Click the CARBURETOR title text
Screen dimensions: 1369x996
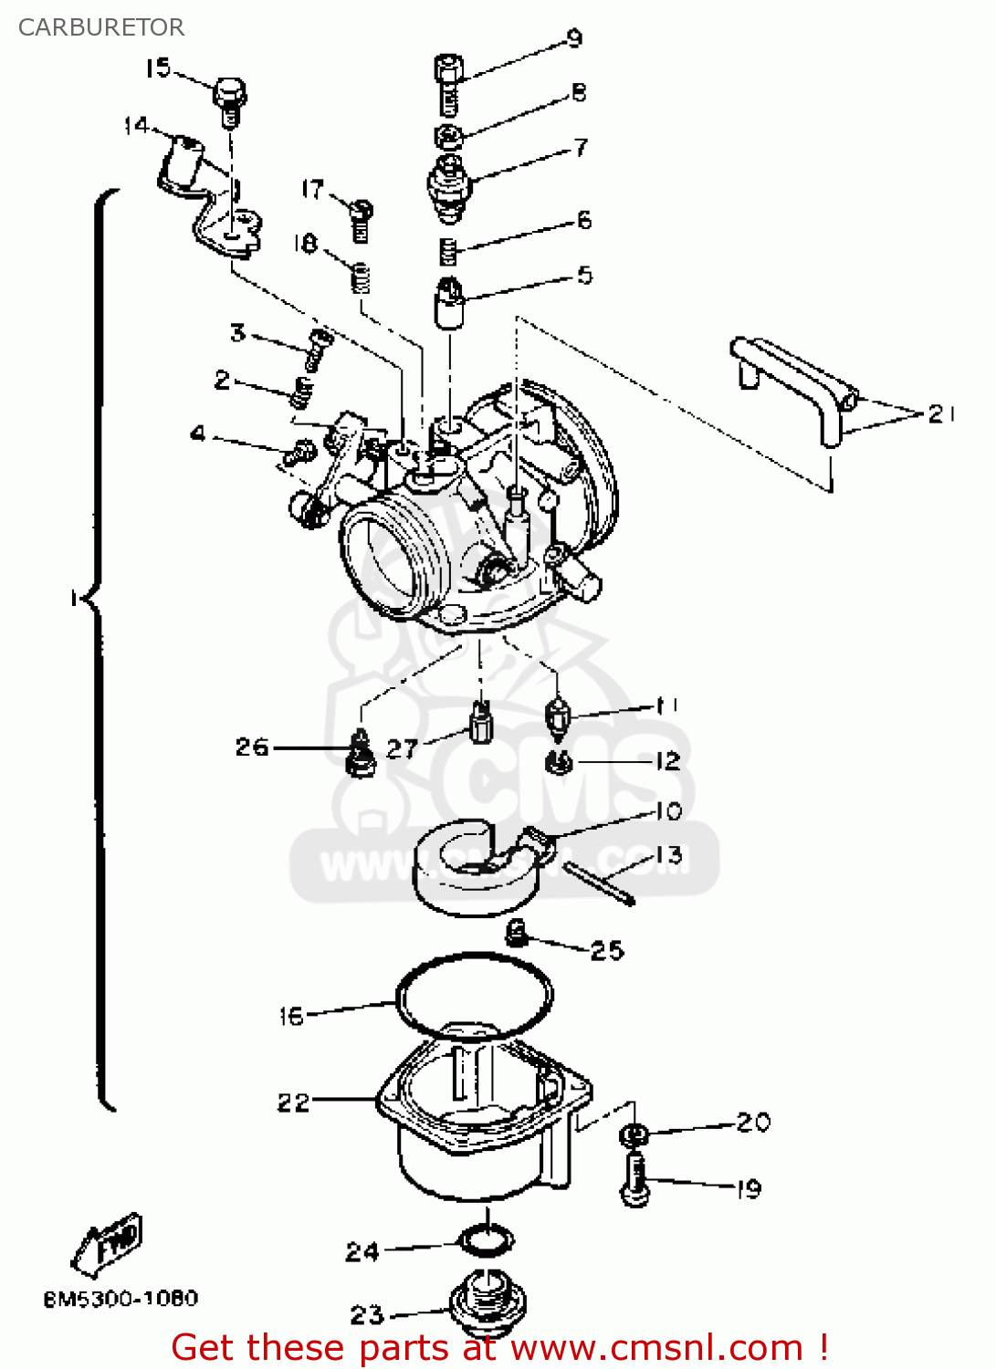[101, 27]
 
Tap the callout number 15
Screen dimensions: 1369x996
[158, 68]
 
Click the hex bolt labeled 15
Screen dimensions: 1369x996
[230, 99]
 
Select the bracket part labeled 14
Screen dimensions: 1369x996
[211, 196]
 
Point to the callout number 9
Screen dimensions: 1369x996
[574, 37]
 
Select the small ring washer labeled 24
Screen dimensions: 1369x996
[486, 1241]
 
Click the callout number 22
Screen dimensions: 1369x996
[293, 1103]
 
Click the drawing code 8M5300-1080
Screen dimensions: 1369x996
[121, 1298]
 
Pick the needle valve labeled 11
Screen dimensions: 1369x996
[557, 716]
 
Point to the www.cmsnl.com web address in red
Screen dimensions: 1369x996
[656, 1347]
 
